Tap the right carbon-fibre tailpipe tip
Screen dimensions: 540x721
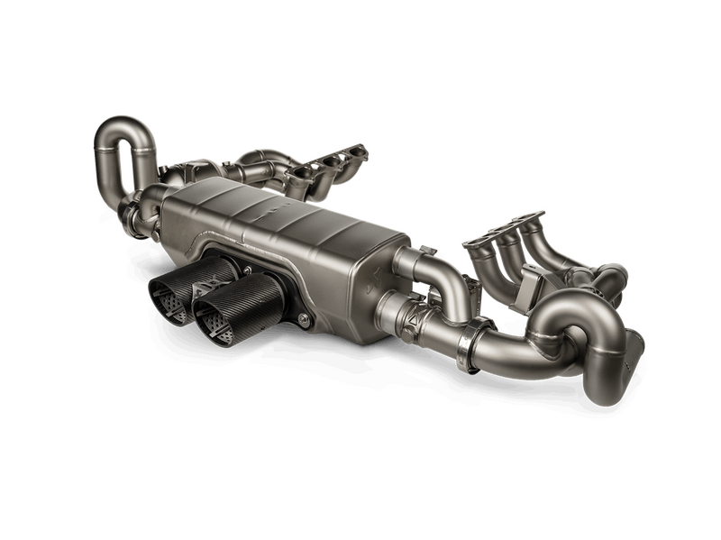[225, 307]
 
